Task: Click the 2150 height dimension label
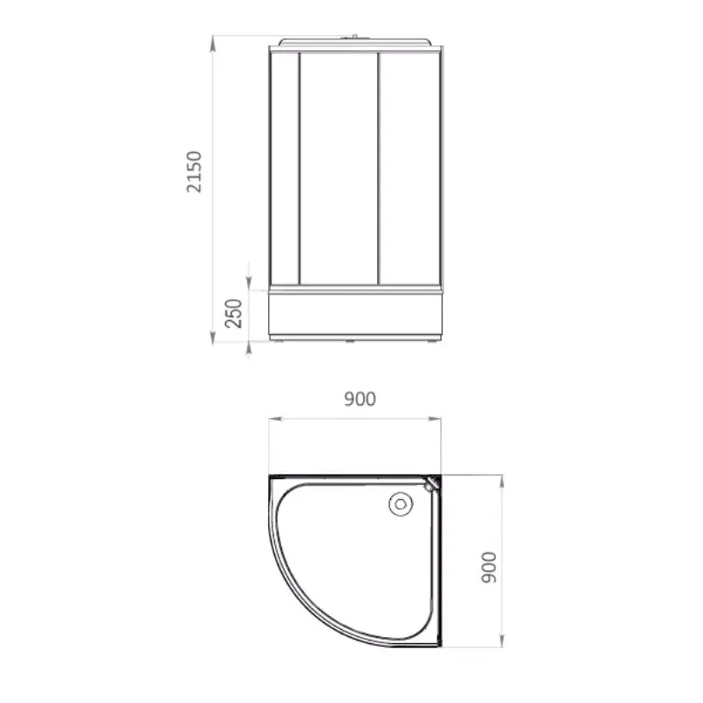pyautogui.click(x=194, y=172)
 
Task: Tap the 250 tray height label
pyautogui.click(x=234, y=314)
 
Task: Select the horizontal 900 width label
pyautogui.click(x=360, y=399)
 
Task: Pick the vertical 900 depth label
pyautogui.click(x=489, y=568)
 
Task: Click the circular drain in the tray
pyautogui.click(x=401, y=504)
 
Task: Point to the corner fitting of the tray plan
pyautogui.click(x=431, y=484)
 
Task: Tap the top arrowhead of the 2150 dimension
pyautogui.click(x=213, y=43)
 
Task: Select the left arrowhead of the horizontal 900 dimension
pyautogui.click(x=276, y=419)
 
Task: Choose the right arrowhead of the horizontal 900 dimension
pyautogui.click(x=434, y=419)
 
